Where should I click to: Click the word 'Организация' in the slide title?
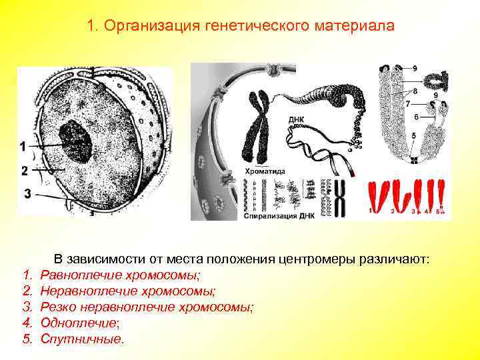click(x=140, y=27)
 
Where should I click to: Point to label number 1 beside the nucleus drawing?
click(x=23, y=146)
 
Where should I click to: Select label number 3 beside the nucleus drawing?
click(x=27, y=193)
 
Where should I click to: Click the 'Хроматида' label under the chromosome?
click(x=266, y=171)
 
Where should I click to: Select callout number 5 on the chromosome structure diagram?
click(x=413, y=136)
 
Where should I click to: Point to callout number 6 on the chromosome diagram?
click(x=416, y=117)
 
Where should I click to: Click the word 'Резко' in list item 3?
click(x=58, y=307)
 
